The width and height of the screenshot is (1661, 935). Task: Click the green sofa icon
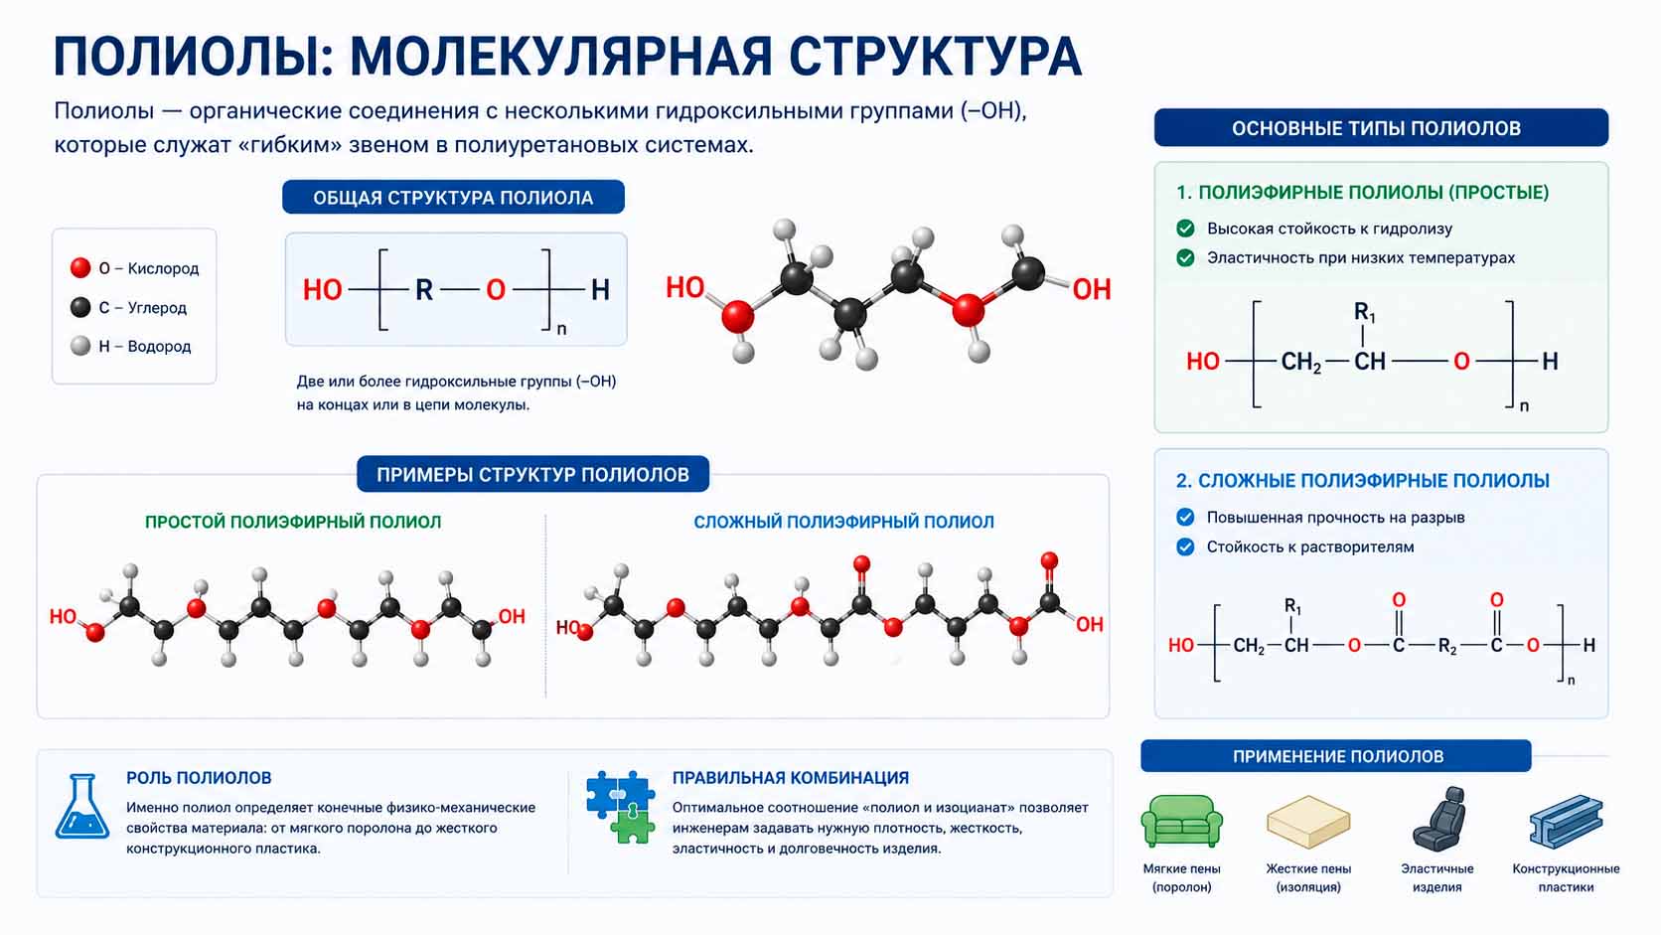tap(1181, 821)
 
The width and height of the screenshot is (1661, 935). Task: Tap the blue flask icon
tap(82, 807)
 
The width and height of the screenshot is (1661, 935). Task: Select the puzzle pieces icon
tap(621, 808)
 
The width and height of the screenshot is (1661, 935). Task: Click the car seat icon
tap(1438, 819)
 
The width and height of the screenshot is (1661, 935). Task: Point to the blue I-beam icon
tap(1566, 822)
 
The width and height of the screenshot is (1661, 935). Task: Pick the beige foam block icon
tap(1308, 822)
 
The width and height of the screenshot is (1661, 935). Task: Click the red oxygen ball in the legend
tap(80, 267)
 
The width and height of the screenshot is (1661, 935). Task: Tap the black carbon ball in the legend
tap(80, 307)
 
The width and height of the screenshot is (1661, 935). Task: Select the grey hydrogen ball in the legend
tap(80, 346)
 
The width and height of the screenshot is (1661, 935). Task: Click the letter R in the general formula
tap(424, 290)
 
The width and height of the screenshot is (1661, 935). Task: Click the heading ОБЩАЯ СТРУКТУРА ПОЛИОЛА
tap(453, 198)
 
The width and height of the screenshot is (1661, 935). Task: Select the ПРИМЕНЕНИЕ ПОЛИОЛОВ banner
tap(1336, 756)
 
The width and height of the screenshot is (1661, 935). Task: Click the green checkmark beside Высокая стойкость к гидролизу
tap(1186, 229)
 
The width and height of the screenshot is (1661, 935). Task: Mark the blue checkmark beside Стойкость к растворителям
tap(1186, 547)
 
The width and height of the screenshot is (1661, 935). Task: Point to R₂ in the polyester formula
tap(1447, 647)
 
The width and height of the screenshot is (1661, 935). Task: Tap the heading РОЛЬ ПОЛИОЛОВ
tap(199, 778)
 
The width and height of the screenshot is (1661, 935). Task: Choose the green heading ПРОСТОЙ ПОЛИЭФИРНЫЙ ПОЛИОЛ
tap(293, 522)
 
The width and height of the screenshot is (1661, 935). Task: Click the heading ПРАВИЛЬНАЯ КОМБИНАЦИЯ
tap(791, 778)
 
